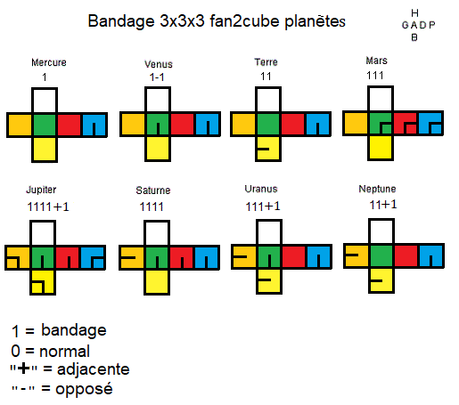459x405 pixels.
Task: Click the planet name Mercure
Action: click(x=49, y=62)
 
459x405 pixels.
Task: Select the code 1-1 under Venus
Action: click(x=157, y=77)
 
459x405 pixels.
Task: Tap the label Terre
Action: click(x=266, y=62)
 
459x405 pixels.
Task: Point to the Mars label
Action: click(x=376, y=61)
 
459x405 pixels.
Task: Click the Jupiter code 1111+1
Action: click(x=48, y=207)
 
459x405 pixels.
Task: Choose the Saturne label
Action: click(x=153, y=190)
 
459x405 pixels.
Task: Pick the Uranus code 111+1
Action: click(x=263, y=207)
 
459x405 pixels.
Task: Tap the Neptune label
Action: click(x=377, y=189)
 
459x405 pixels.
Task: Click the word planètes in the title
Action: click(x=315, y=21)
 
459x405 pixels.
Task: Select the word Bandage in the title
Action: click(x=121, y=21)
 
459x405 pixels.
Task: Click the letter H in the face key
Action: click(x=414, y=13)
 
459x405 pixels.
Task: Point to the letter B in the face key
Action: click(x=414, y=37)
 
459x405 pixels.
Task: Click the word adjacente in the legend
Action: click(x=94, y=369)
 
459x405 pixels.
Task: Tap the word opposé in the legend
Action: click(x=84, y=389)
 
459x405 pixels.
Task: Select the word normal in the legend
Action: click(x=64, y=352)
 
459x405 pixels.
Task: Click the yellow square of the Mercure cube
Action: click(x=45, y=150)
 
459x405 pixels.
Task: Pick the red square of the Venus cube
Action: click(x=182, y=124)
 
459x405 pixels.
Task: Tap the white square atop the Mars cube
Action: click(x=381, y=99)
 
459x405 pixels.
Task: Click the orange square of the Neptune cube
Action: click(x=357, y=255)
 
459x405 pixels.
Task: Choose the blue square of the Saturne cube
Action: click(x=207, y=257)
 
